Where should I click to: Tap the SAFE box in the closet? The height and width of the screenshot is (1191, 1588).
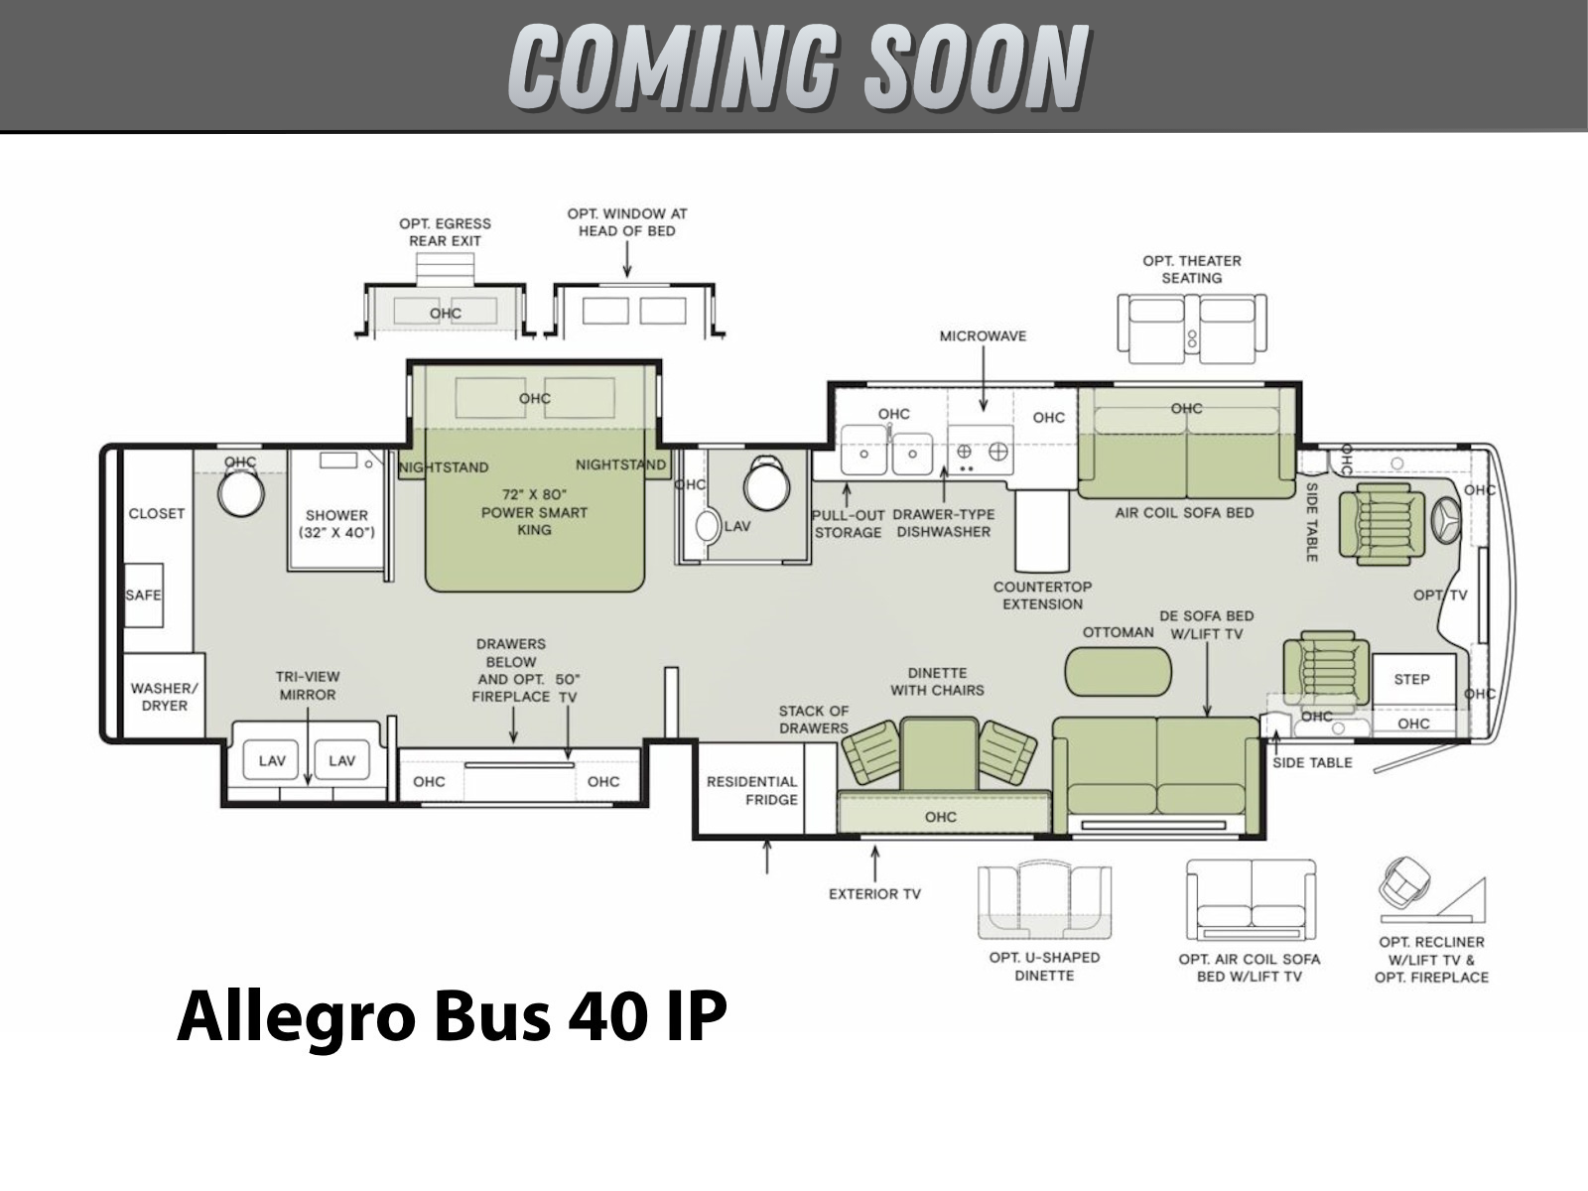tap(143, 595)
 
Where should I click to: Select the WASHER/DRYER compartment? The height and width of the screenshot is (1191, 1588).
tap(164, 696)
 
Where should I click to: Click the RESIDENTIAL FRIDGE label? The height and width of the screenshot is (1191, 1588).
tap(751, 790)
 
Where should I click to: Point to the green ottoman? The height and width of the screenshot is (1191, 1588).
tap(1118, 672)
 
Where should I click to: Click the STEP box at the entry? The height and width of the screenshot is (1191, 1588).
tap(1413, 679)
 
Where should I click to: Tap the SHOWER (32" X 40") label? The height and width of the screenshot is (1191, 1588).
tap(337, 524)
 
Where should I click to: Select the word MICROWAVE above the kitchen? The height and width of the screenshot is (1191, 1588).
tap(983, 335)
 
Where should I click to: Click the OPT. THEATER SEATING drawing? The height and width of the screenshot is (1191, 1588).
tap(1192, 330)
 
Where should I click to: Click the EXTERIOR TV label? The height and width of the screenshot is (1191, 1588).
tap(874, 894)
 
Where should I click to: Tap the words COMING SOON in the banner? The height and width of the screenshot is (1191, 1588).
tap(799, 66)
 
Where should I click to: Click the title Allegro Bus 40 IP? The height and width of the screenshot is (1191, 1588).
tap(453, 1016)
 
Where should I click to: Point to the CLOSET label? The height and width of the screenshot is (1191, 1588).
tap(157, 513)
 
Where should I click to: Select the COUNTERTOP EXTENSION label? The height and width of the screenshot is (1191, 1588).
tap(1042, 595)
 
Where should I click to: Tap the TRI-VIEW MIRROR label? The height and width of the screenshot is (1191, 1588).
tap(308, 686)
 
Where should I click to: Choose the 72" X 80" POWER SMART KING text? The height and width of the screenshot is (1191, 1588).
tap(535, 512)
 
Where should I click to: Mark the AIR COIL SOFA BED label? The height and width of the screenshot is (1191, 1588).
tap(1184, 513)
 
